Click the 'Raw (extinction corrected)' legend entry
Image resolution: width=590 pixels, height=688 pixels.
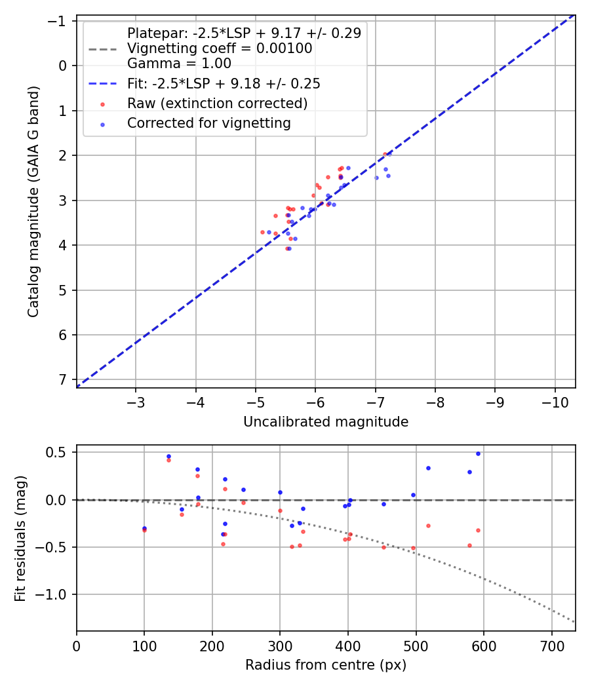tap(217, 104)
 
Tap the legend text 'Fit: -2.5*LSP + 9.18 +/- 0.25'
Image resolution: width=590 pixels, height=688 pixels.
tap(224, 84)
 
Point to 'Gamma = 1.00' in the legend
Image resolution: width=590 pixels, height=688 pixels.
tap(179, 64)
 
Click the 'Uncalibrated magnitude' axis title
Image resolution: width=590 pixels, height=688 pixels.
tap(326, 422)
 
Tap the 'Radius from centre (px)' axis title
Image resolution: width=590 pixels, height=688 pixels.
tap(326, 665)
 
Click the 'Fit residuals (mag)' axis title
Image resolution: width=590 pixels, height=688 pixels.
tap(20, 538)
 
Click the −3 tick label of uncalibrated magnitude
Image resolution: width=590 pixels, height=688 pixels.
tap(136, 402)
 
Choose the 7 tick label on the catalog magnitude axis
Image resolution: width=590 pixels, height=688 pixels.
tap(63, 380)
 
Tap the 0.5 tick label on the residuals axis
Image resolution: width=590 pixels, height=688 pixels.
tap(59, 452)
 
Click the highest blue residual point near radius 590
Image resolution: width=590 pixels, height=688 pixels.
tap(478, 453)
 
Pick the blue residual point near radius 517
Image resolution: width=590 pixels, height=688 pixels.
tap(428, 468)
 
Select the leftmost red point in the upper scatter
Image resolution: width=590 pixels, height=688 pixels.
tap(262, 232)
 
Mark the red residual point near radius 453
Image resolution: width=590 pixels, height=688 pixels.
tap(384, 547)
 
